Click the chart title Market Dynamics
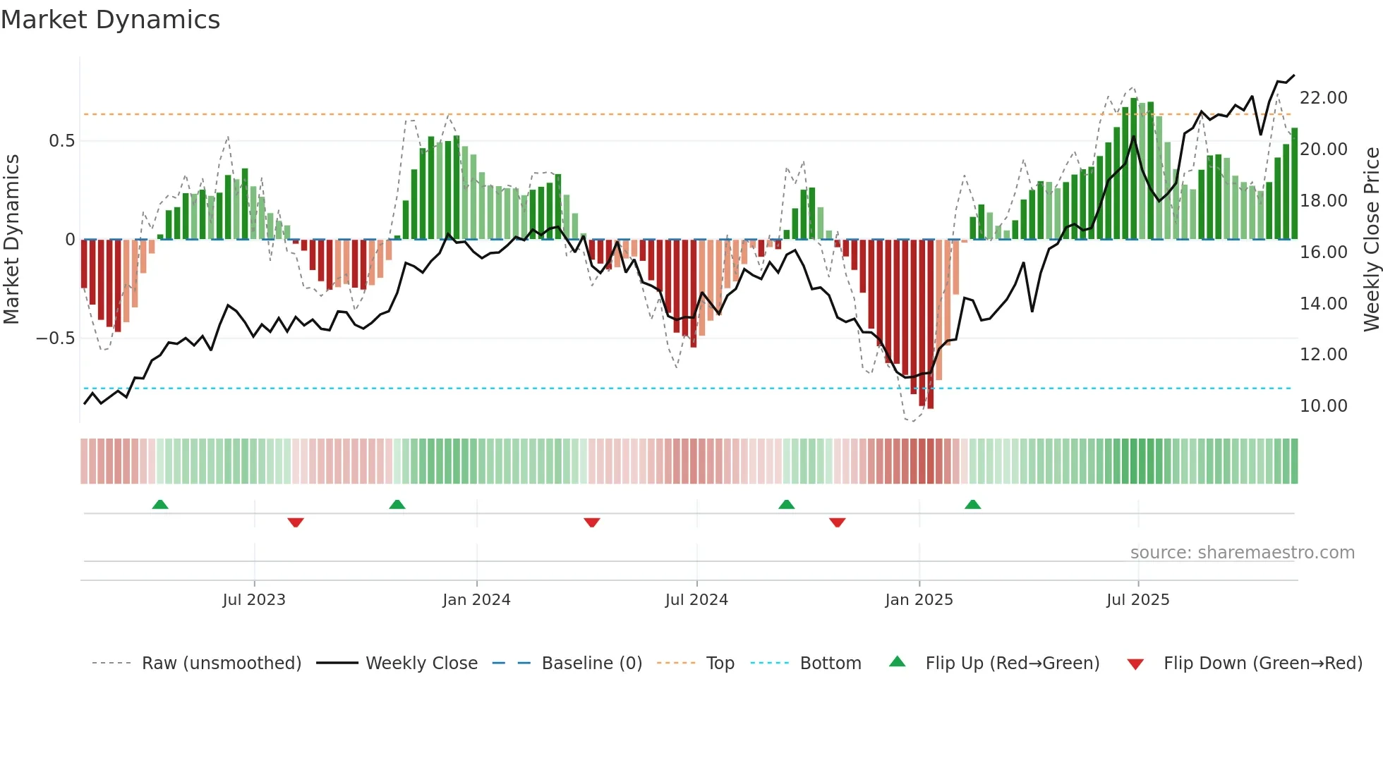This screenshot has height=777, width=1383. click(x=110, y=20)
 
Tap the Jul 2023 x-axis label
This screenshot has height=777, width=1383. click(x=254, y=600)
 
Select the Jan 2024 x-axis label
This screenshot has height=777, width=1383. click(x=476, y=600)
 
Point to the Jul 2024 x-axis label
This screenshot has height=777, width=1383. click(x=696, y=600)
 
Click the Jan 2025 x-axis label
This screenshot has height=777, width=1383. click(x=919, y=600)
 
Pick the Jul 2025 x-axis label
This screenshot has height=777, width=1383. click(x=1137, y=600)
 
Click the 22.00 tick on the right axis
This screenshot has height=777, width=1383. click(x=1323, y=98)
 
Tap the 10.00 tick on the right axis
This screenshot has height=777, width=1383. click(x=1323, y=406)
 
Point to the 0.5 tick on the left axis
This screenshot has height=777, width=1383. click(x=61, y=141)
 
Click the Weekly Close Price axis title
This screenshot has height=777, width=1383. click(x=1371, y=240)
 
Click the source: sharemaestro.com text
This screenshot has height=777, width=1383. click(x=1242, y=553)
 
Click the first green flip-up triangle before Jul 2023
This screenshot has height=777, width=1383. click(x=160, y=504)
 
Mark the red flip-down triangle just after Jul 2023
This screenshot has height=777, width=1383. click(x=296, y=522)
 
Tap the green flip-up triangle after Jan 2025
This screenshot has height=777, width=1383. click(x=972, y=504)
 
